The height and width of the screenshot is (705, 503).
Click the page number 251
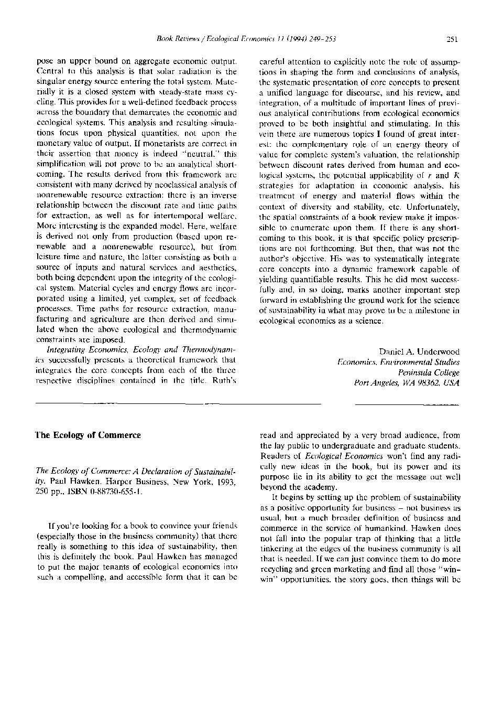(453, 38)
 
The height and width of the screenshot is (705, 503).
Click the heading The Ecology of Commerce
(88, 435)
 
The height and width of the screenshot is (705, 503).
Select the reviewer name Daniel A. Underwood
(419, 351)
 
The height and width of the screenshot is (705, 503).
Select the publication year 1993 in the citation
(226, 482)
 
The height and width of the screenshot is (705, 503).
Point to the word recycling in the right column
(278, 570)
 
